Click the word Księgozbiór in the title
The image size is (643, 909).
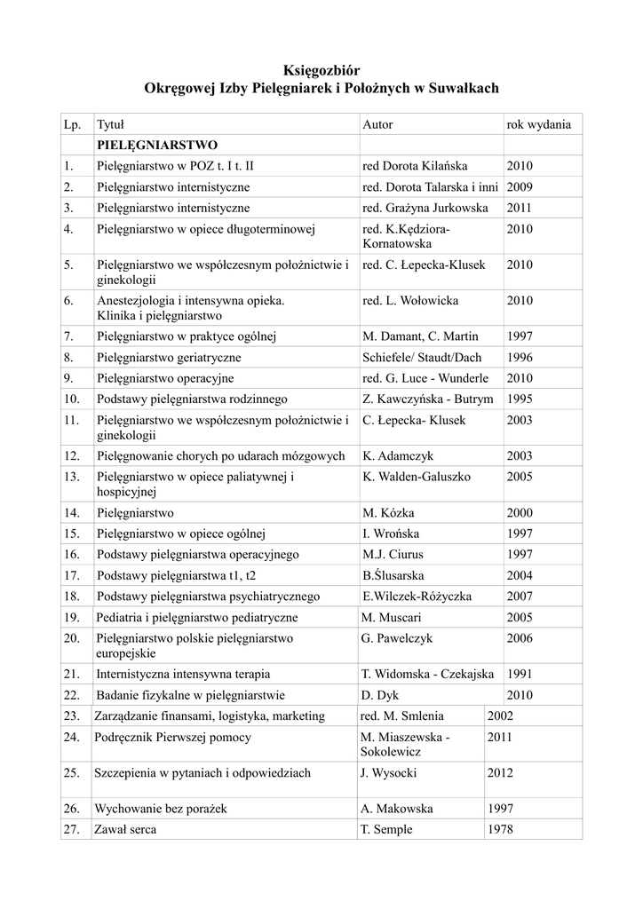click(321, 69)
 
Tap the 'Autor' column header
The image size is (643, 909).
click(377, 124)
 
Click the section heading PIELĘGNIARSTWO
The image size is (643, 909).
click(157, 144)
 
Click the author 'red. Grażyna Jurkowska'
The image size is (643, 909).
click(425, 208)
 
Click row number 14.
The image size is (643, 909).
click(72, 512)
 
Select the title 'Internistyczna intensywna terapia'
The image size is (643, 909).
click(183, 674)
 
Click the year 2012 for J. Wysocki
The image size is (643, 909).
click(500, 772)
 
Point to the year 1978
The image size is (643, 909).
click(500, 829)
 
